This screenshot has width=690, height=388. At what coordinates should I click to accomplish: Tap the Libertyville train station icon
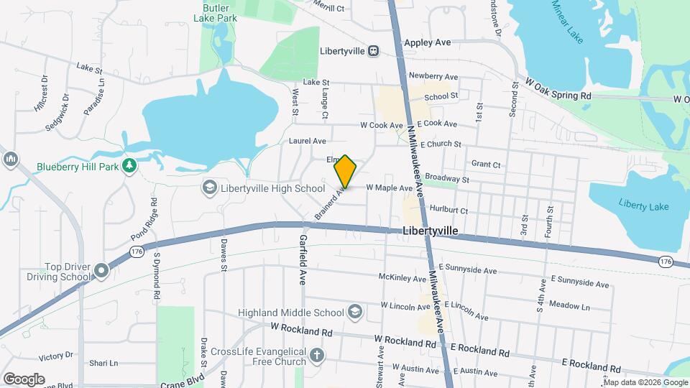pyautogui.click(x=373, y=51)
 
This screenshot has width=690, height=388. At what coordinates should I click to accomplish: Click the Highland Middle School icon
pyautogui.click(x=354, y=312)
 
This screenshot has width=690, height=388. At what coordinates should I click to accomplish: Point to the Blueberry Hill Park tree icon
pyautogui.click(x=129, y=167)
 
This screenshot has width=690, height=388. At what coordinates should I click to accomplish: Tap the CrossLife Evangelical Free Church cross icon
pyautogui.click(x=316, y=354)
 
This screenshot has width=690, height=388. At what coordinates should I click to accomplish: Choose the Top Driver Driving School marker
pyautogui.click(x=101, y=271)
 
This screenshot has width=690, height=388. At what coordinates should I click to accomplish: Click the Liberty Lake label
pyautogui.click(x=643, y=206)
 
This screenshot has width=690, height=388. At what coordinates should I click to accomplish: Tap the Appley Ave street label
pyautogui.click(x=427, y=43)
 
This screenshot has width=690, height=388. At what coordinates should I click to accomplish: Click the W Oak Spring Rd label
pyautogui.click(x=558, y=90)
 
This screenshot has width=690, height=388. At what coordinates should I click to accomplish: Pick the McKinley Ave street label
pyautogui.click(x=403, y=277)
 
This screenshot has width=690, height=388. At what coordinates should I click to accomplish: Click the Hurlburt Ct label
pyautogui.click(x=448, y=211)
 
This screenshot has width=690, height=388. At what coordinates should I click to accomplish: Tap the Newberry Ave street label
pyautogui.click(x=433, y=76)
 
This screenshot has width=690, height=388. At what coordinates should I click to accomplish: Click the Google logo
pyautogui.click(x=24, y=379)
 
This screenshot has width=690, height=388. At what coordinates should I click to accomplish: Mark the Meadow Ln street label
pyautogui.click(x=569, y=305)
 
